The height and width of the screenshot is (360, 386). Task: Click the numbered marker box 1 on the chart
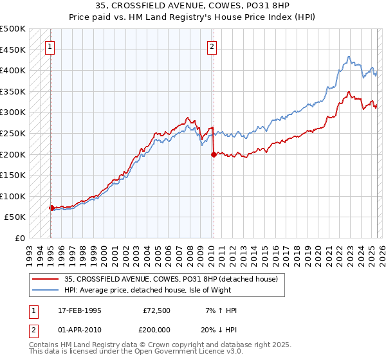point(50,46)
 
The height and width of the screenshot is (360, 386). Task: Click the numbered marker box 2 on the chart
point(212,46)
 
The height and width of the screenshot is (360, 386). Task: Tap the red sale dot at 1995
point(51,208)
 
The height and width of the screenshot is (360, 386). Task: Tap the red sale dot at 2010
point(213,154)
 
